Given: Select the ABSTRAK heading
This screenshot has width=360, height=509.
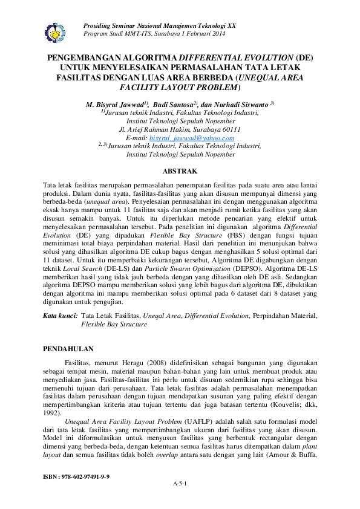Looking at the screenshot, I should coord(180,171).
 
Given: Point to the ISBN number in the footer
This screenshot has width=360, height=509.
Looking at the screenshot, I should coord(76,477).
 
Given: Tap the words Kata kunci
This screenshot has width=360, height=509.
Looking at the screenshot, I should coord(60,316).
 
